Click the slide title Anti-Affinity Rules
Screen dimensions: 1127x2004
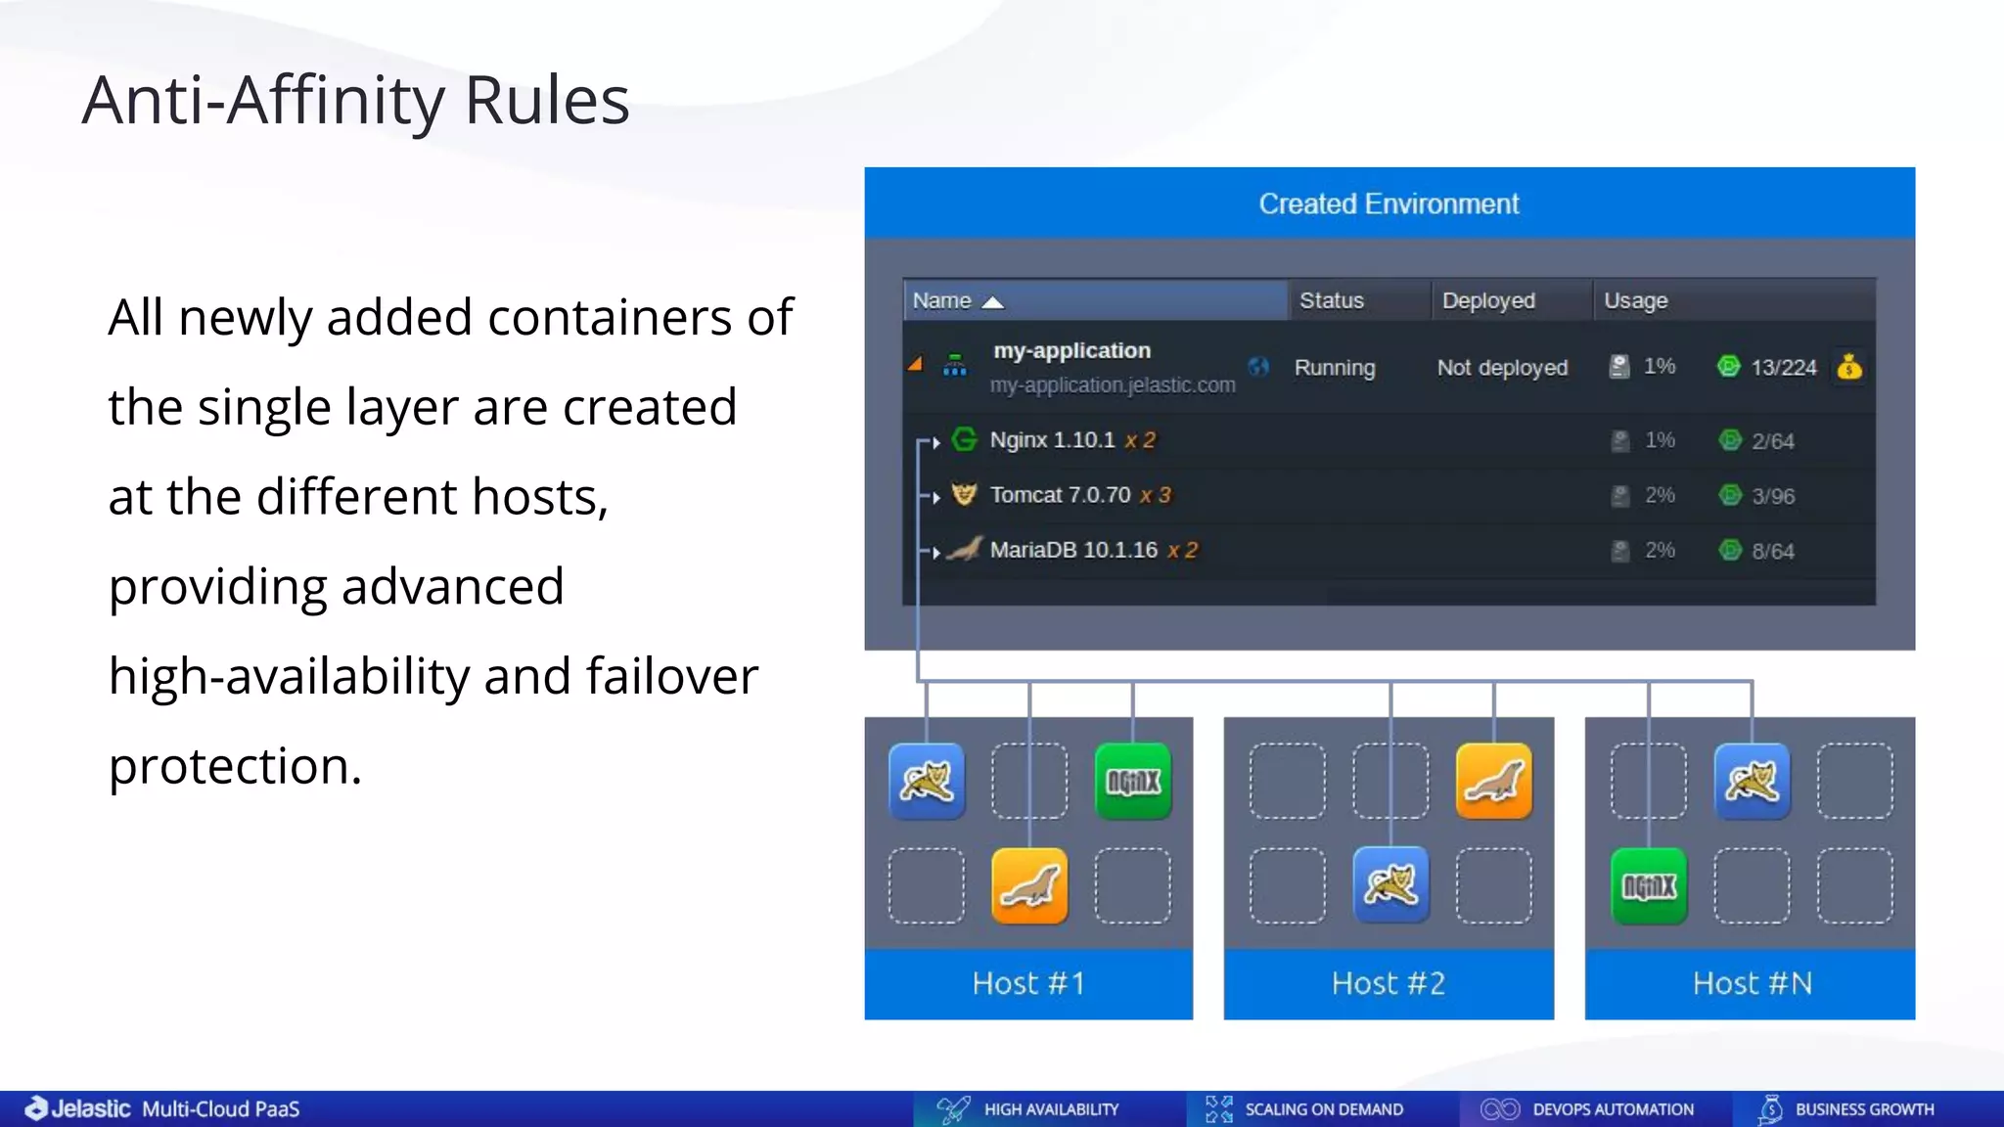[355, 101]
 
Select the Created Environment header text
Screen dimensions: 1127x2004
[1388, 203]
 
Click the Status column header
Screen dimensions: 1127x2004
[1331, 300]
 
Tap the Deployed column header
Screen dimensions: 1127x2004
[1487, 300]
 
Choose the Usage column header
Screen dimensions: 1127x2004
[1635, 300]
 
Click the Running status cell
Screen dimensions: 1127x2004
[1334, 368]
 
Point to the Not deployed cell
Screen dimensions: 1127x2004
[1501, 368]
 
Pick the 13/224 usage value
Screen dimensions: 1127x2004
[1783, 368]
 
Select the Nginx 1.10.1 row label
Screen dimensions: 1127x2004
[1052, 440]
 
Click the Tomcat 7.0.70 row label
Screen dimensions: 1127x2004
[1060, 495]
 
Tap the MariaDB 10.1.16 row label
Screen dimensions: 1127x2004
[1073, 550]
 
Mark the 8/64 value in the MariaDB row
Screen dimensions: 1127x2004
[1772, 551]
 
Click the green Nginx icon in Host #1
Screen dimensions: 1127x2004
[1132, 781]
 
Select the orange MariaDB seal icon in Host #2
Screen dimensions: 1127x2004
[1493, 781]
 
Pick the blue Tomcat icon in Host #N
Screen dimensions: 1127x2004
[1752, 781]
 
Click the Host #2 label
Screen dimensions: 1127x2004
[1388, 983]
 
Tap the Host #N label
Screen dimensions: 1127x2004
[1752, 983]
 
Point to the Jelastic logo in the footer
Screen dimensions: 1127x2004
[78, 1108]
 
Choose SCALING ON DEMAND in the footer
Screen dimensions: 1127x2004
[1323, 1109]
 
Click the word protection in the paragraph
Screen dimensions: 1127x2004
[235, 766]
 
